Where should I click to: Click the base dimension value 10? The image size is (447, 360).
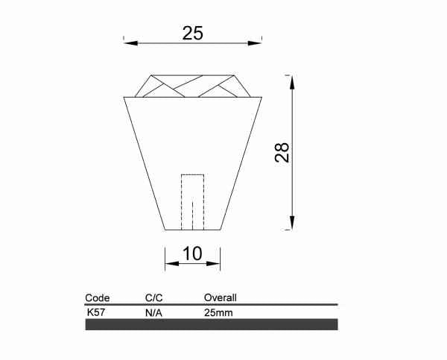tap(192, 253)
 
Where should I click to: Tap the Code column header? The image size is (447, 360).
tap(98, 298)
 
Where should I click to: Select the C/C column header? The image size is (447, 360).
tap(154, 298)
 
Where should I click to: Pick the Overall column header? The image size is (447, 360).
tap(221, 298)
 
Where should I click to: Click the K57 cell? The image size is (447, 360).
tap(95, 312)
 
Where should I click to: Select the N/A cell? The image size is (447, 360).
tap(153, 313)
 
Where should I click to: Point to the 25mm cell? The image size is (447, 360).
tap(218, 313)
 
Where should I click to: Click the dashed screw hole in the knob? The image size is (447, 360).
tap(192, 202)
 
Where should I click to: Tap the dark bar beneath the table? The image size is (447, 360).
tap(212, 324)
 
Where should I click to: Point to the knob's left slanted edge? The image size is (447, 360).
tap(144, 164)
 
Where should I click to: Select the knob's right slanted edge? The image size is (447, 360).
tap(241, 164)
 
